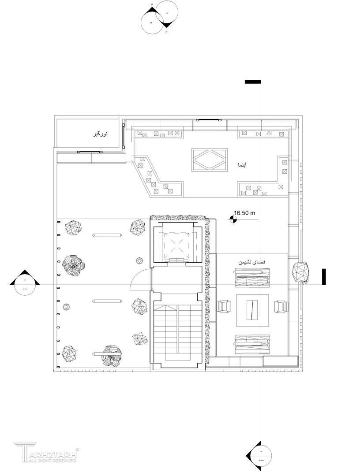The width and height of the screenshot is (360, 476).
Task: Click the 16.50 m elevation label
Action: [x=244, y=213]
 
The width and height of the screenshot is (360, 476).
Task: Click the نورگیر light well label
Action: [x=100, y=134]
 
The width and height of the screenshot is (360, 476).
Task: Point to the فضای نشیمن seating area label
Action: [x=252, y=262]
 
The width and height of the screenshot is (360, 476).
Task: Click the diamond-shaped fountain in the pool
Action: [x=210, y=160]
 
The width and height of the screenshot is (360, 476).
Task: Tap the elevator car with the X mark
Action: [x=176, y=245]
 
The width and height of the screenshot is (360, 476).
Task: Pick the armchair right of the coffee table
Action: [x=281, y=306]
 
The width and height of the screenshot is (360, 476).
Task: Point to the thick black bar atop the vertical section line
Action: [x=253, y=82]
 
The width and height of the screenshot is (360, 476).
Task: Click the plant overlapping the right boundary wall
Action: [x=301, y=272]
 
